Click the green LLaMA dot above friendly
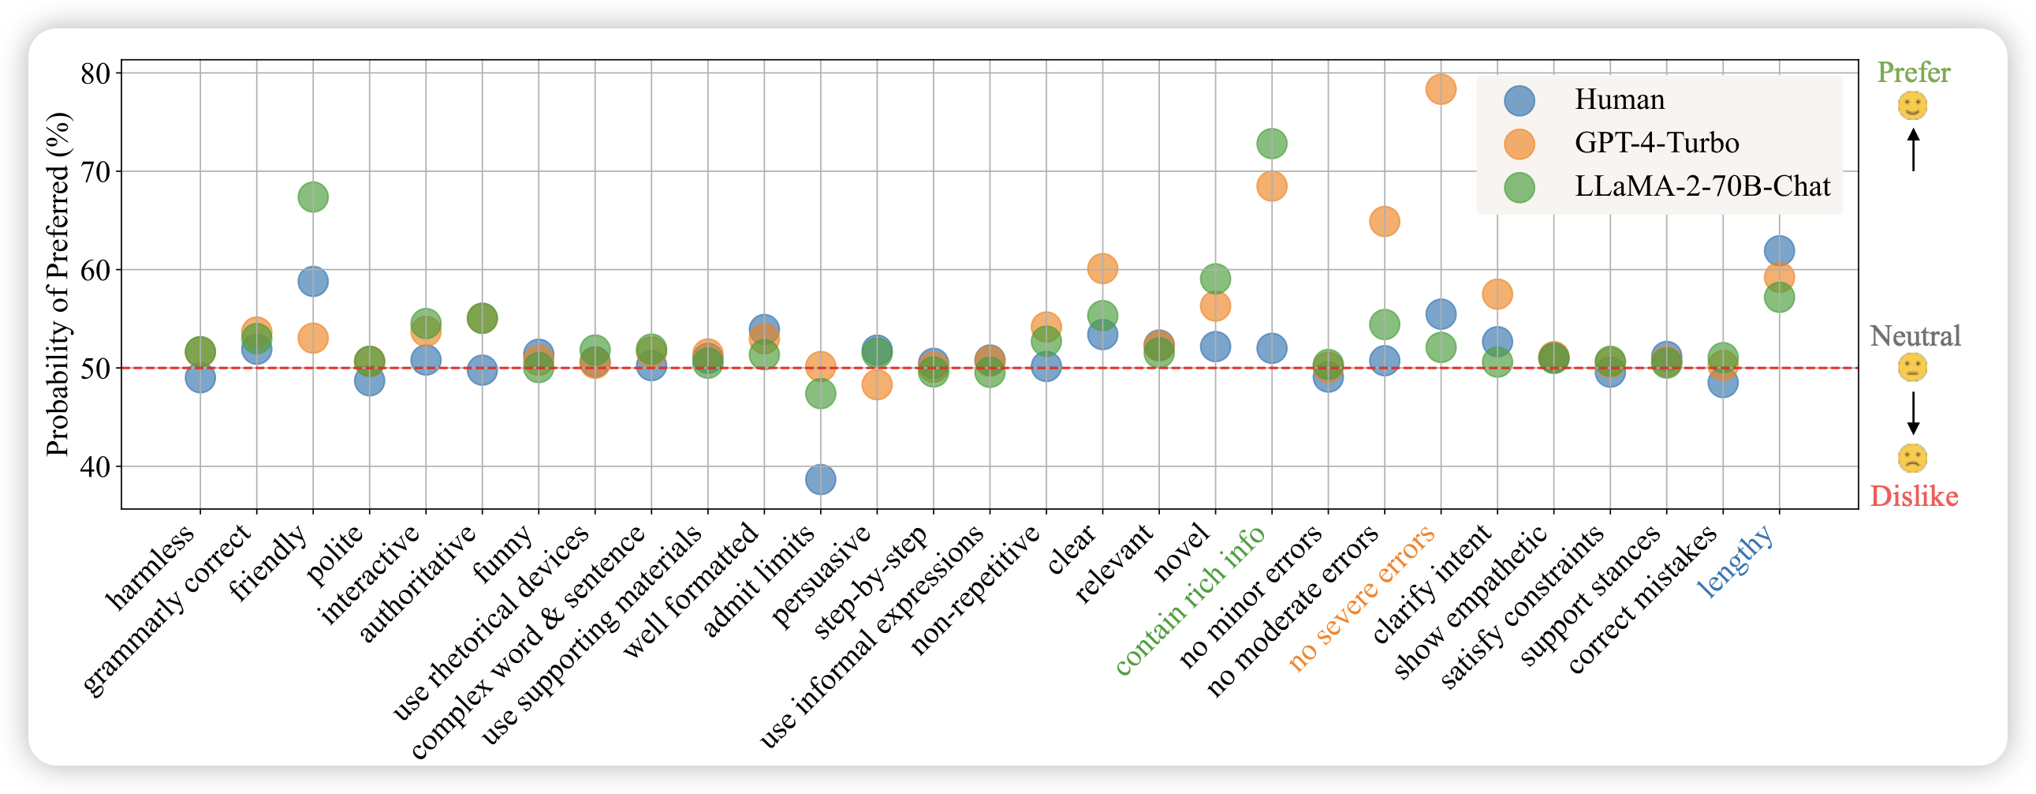(x=313, y=196)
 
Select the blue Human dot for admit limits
(x=820, y=478)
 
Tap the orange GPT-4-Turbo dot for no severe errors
(x=1441, y=89)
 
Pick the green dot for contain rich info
(x=1271, y=143)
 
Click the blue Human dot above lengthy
(x=1778, y=251)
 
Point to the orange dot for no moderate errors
(x=1384, y=221)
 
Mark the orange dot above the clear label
(x=1102, y=269)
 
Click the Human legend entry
(x=1619, y=99)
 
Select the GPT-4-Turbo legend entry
(x=1656, y=143)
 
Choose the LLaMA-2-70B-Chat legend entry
(x=1702, y=186)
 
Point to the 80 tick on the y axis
(x=95, y=73)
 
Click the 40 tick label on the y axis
(x=95, y=466)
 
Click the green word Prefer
(x=1914, y=73)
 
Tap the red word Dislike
(x=1914, y=496)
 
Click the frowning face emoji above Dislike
(x=1913, y=458)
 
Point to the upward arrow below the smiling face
(x=1913, y=149)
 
